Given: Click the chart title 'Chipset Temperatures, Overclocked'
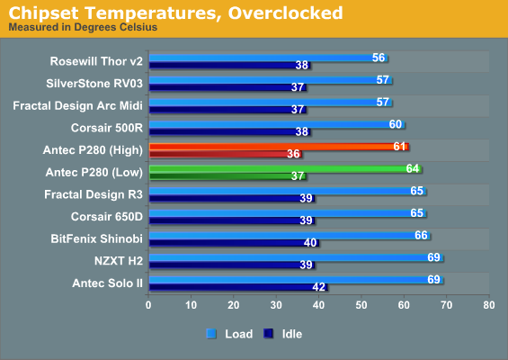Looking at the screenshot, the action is click(x=175, y=13).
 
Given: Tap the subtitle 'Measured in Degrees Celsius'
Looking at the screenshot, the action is click(x=83, y=27).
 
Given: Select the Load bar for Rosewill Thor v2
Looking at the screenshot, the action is click(x=268, y=58).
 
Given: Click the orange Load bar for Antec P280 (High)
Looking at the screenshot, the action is click(x=279, y=147).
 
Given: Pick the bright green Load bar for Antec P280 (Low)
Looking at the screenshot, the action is click(x=285, y=169).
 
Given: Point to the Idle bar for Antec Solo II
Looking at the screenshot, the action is click(x=238, y=287).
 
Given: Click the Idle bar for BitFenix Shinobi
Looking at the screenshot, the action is click(x=235, y=243).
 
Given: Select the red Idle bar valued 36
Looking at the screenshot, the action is click(x=226, y=154).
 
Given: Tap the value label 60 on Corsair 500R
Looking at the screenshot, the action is click(x=396, y=124).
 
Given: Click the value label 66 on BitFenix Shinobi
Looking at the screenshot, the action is click(x=421, y=235).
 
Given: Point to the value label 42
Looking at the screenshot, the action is click(x=319, y=287).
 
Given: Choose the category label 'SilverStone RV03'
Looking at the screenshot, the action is click(x=94, y=84).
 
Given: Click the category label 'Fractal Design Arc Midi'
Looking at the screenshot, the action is click(x=77, y=105).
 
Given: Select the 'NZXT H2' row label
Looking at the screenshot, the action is click(x=119, y=261).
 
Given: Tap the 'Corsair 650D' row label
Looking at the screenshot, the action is click(x=107, y=216).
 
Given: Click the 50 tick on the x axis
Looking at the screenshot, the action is click(x=361, y=305).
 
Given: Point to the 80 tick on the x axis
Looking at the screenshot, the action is click(x=489, y=305).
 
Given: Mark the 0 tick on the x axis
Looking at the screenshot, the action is click(x=148, y=305).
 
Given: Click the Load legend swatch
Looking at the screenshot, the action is click(x=211, y=334).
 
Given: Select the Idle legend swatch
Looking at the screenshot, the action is click(x=268, y=334).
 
